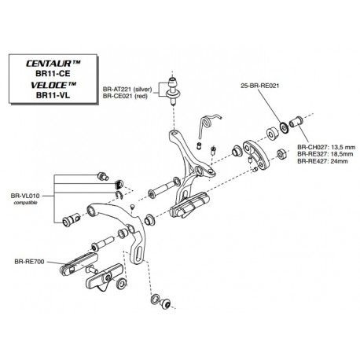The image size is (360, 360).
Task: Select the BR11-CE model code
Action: (53, 74)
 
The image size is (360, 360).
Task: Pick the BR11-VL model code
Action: (53, 95)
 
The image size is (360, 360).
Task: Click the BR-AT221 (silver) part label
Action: (127, 89)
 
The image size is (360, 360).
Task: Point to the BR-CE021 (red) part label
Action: (125, 96)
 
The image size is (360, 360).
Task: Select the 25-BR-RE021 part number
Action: (260, 86)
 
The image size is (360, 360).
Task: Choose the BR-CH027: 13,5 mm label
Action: (326, 147)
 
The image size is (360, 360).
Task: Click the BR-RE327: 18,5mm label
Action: (325, 154)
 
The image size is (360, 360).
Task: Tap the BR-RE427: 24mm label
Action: (322, 161)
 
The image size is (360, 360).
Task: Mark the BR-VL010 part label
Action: (25, 196)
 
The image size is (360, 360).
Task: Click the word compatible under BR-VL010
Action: (25, 203)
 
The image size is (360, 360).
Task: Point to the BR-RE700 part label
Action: (29, 262)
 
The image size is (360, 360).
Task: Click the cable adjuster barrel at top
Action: (173, 90)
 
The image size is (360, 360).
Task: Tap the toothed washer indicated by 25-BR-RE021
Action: (284, 127)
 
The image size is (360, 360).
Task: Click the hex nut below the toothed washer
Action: (281, 154)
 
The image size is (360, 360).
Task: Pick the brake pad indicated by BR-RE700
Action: (79, 265)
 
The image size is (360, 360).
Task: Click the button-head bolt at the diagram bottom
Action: (165, 304)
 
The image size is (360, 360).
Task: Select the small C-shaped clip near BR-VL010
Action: (119, 195)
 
